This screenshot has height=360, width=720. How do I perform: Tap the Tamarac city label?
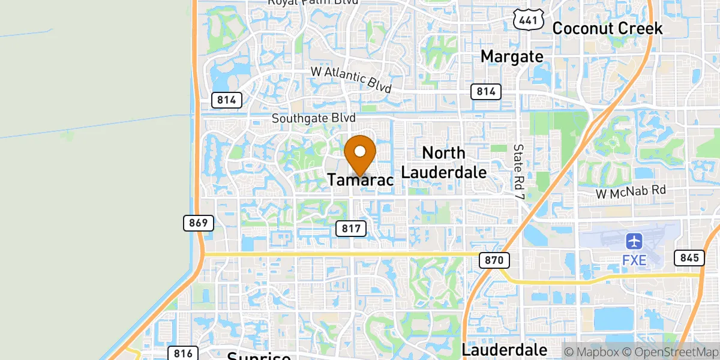pyautogui.click(x=360, y=179)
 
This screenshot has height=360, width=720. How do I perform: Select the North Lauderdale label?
pyautogui.click(x=443, y=162)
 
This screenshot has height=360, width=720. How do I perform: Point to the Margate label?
pyautogui.click(x=512, y=56)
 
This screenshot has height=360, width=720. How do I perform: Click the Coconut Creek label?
pyautogui.click(x=607, y=28)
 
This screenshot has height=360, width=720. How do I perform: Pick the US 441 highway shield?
pyautogui.click(x=529, y=21)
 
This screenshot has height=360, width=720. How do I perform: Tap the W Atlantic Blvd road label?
pyautogui.click(x=351, y=79)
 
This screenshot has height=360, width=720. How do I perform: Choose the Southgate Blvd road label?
pyautogui.click(x=313, y=118)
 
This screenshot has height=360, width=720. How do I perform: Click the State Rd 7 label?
pyautogui.click(x=519, y=171)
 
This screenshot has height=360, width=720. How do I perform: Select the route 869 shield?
pyautogui.click(x=197, y=223)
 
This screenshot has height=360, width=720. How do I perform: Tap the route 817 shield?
pyautogui.click(x=350, y=228)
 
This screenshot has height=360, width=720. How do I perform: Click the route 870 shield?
pyautogui.click(x=494, y=260)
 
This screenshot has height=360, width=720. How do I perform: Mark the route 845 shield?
pyautogui.click(x=689, y=257)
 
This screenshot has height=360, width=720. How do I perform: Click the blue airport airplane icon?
pyautogui.click(x=634, y=242)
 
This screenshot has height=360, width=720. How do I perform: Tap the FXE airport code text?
pyautogui.click(x=634, y=260)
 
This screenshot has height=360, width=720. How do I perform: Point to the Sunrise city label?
pyautogui.click(x=259, y=356)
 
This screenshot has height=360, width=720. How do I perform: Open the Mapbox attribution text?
pyautogui.click(x=592, y=352)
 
